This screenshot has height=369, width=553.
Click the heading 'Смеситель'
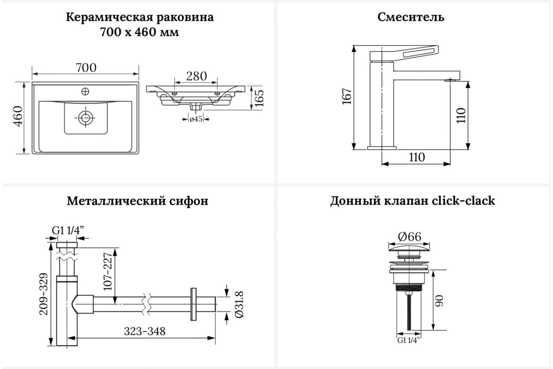(x=411, y=18)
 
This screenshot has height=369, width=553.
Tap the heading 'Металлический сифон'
(x=137, y=201)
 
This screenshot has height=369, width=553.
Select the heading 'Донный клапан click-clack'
(x=412, y=201)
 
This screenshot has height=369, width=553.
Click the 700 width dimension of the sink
(x=86, y=67)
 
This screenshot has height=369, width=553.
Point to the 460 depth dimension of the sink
(x=18, y=117)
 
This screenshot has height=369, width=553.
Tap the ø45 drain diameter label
(x=196, y=120)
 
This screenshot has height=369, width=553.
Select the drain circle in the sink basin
(x=86, y=118)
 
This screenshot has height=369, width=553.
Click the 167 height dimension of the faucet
(x=347, y=97)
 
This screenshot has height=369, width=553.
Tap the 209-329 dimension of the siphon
(x=42, y=294)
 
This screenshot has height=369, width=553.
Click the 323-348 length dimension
(x=145, y=331)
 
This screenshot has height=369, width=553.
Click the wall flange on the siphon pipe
(x=193, y=304)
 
